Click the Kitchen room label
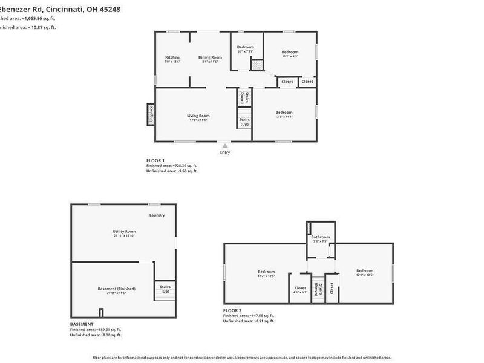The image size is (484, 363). (x=172, y=59)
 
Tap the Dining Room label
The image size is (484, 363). (x=208, y=59)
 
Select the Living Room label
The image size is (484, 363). (x=198, y=117)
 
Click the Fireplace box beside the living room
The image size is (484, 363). (x=151, y=114)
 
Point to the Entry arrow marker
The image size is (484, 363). (x=225, y=146)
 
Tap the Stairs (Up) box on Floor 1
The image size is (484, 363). (x=244, y=122)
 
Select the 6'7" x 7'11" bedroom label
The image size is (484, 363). (x=245, y=49)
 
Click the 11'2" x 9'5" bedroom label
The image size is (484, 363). (x=290, y=54)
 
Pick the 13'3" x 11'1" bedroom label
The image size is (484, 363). (x=284, y=114)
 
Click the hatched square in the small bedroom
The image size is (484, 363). (x=257, y=64)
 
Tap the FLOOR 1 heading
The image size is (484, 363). (x=155, y=160)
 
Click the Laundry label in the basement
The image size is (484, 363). (x=157, y=215)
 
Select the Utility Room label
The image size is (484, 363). (x=124, y=233)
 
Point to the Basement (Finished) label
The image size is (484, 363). (x=116, y=290)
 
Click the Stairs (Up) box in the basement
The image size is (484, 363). (x=165, y=289)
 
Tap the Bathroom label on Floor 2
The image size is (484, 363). (x=321, y=238)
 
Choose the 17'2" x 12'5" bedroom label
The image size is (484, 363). (x=266, y=273)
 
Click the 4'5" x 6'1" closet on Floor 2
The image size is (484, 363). (x=300, y=290)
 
